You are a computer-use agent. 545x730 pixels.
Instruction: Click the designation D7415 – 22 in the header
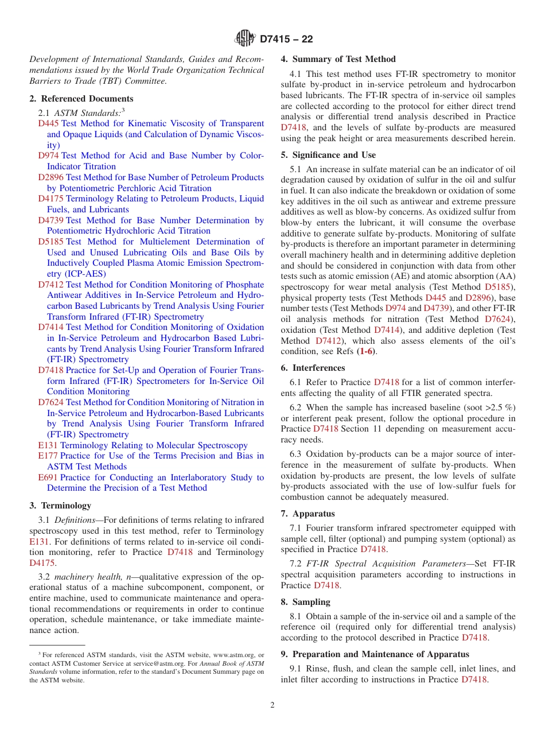pos(286,40)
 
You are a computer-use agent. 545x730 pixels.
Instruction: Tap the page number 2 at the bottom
pos(272,705)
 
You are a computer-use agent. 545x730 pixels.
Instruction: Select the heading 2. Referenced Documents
pos(81,99)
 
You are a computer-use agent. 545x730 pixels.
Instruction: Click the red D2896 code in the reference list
pos(50,177)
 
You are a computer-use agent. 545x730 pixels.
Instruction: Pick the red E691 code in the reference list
pos(48,477)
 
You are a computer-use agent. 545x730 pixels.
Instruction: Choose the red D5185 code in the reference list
pos(50,242)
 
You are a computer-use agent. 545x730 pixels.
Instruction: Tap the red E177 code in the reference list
pos(48,456)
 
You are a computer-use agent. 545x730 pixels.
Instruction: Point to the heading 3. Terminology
pos(60,506)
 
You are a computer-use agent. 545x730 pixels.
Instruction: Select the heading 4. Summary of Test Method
pos(338,59)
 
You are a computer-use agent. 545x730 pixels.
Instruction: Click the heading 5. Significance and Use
pos(328,155)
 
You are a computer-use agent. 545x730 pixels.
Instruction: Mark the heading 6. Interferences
pos(313,368)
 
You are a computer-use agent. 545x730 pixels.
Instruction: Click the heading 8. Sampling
pos(306,602)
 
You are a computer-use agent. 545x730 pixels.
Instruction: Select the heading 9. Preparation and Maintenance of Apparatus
pos(375,654)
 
